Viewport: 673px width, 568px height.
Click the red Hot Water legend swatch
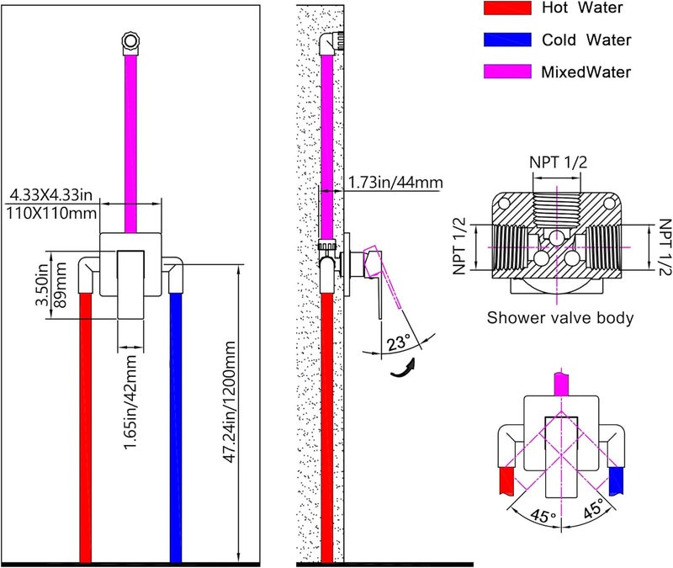click(x=507, y=8)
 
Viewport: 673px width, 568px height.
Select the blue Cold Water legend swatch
click(x=507, y=40)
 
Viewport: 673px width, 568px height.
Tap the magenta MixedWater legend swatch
click(x=507, y=72)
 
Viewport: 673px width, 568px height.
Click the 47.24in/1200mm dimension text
click(x=230, y=402)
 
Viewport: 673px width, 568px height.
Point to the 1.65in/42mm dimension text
click(x=130, y=402)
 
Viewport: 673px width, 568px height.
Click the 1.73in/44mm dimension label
click(x=395, y=183)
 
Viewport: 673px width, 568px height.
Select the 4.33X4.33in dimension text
click(x=51, y=195)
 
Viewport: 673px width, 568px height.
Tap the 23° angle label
click(x=399, y=343)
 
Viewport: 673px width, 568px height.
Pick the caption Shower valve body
click(x=560, y=318)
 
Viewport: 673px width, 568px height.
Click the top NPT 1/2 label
click(x=558, y=162)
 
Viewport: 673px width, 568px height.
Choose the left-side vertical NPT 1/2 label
click(x=459, y=246)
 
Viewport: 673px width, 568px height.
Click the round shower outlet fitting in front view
click(x=130, y=41)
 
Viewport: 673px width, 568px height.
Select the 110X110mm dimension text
click(x=51, y=213)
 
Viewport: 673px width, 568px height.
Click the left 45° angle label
click(x=543, y=515)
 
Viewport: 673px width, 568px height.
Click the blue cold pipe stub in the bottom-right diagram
click(x=616, y=480)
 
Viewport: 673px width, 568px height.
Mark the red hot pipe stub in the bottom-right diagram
click(x=506, y=480)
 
